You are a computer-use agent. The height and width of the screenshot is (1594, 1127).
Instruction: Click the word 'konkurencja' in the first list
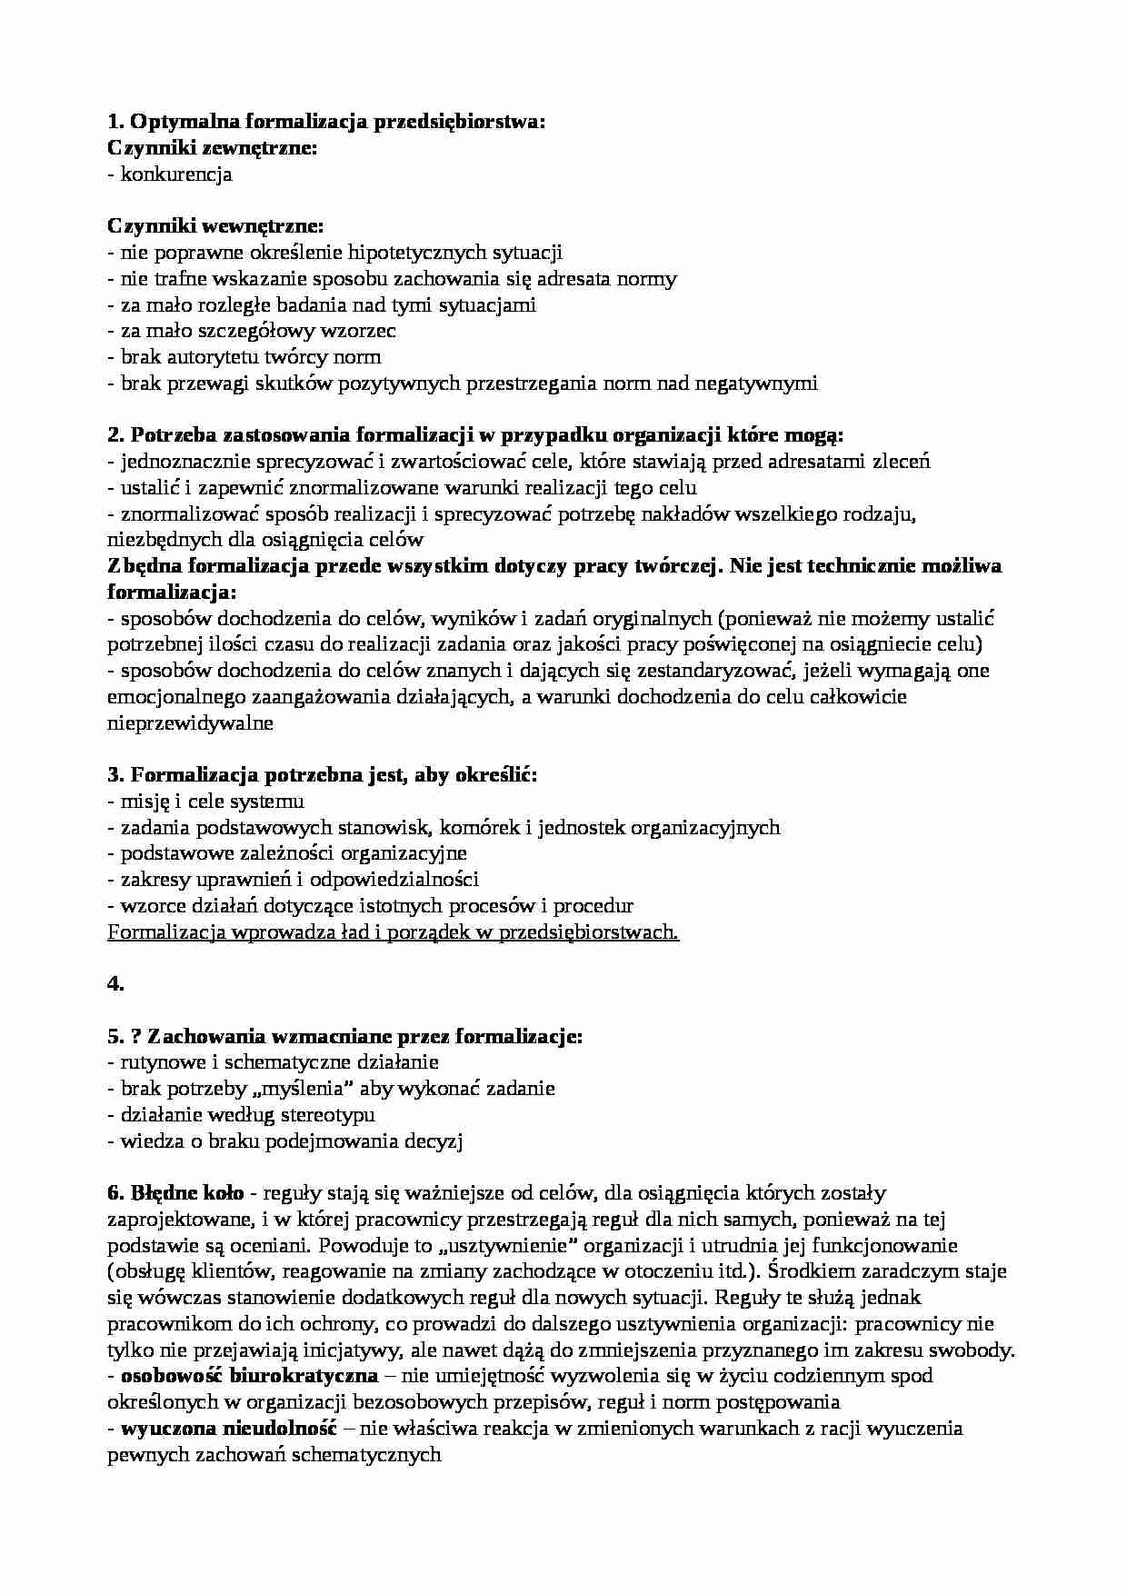[176, 174]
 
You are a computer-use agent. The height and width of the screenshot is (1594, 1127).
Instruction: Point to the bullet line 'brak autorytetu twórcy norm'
[244, 357]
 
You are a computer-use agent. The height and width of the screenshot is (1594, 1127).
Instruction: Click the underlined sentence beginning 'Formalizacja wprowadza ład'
[393, 931]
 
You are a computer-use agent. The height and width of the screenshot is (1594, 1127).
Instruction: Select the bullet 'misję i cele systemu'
[205, 802]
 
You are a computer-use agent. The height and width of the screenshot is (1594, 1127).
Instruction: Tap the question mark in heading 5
[136, 1036]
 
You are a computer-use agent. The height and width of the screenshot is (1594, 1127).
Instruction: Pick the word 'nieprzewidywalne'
[190, 724]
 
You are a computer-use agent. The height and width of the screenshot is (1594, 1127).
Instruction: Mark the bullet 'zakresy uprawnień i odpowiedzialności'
[293, 880]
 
